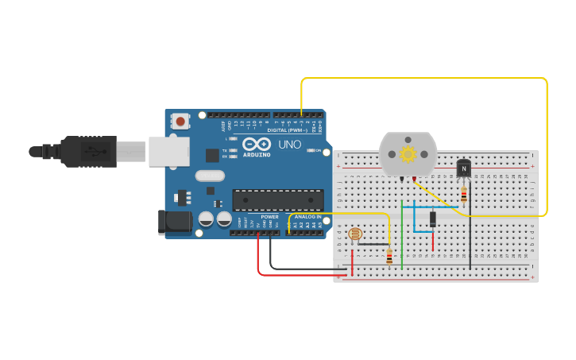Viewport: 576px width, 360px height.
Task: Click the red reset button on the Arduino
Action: coord(181,122)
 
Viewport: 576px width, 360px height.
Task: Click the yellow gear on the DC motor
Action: coord(408,154)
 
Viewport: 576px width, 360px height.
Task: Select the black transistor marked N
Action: coord(463,168)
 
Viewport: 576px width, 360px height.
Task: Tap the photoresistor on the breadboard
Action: coord(355,234)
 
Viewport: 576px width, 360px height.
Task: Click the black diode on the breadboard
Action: coord(433,219)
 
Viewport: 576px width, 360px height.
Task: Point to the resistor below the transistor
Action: coord(463,195)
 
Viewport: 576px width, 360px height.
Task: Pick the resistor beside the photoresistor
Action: coord(389,256)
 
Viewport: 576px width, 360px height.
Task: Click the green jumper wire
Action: coord(402,238)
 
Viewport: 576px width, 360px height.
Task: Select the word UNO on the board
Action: coord(289,145)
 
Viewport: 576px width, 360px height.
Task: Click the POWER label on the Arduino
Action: coord(270,216)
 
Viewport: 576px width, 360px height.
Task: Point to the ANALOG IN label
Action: coord(308,216)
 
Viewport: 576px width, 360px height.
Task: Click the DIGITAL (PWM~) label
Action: coord(286,130)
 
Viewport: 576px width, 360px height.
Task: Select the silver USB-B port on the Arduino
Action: coord(168,151)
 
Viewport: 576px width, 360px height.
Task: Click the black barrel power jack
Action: coord(176,222)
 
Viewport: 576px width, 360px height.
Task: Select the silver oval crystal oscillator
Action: coord(210,176)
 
